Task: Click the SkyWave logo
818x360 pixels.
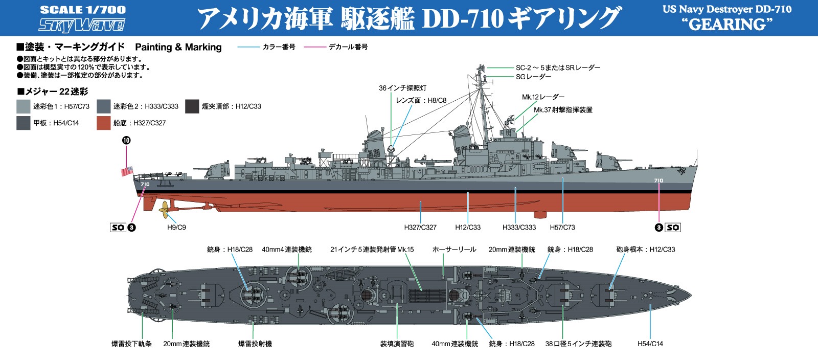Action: [x=81, y=25]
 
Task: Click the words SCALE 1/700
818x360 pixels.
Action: [x=82, y=10]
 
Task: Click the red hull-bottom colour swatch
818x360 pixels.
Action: [x=103, y=123]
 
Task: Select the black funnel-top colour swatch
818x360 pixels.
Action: [x=192, y=106]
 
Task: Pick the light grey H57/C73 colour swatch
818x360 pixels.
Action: [x=24, y=106]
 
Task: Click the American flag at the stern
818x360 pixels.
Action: [x=127, y=171]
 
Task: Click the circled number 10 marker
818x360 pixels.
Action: [x=126, y=140]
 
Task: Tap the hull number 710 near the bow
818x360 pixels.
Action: [x=658, y=181]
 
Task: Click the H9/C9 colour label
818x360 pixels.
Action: [x=176, y=227]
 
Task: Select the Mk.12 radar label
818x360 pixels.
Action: [x=543, y=97]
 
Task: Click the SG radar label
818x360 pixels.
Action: [x=534, y=77]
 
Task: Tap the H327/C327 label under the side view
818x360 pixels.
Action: [x=420, y=227]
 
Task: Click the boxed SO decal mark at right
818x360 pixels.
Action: [x=673, y=228]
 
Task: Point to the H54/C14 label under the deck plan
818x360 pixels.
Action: [x=650, y=344]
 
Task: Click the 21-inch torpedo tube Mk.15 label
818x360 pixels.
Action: [x=372, y=250]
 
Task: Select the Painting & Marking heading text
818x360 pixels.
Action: [x=178, y=47]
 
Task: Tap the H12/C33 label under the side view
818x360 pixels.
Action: [x=468, y=227]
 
